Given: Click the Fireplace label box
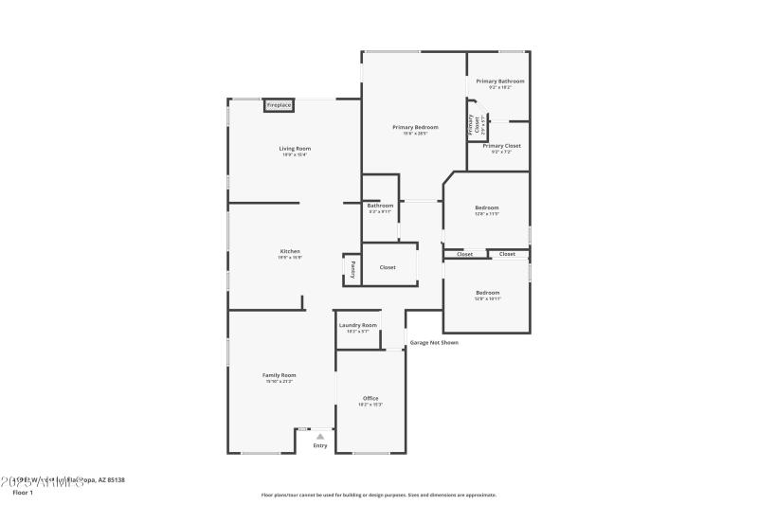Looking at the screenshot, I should [x=279, y=105].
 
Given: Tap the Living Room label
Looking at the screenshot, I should [x=295, y=149].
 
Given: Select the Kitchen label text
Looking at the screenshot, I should [x=290, y=251].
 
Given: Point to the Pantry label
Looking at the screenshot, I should [x=352, y=269].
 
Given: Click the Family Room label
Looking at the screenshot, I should [x=280, y=375].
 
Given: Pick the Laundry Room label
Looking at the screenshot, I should [x=358, y=325].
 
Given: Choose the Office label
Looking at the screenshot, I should [x=370, y=398].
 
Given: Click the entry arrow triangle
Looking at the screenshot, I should [x=320, y=436].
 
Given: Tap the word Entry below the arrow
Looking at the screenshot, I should [x=320, y=445].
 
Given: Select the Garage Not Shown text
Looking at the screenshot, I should [x=434, y=342].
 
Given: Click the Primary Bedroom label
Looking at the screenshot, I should [x=416, y=127].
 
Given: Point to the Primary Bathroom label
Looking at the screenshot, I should [x=500, y=81].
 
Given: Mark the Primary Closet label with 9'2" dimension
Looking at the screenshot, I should [x=501, y=146].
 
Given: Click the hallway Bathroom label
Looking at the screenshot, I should [x=380, y=206].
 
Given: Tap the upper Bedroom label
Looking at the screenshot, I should [x=487, y=207].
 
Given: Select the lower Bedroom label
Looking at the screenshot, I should [x=487, y=293].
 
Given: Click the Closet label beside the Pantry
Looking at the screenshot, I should [x=388, y=267].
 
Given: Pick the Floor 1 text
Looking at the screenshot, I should [x=23, y=493].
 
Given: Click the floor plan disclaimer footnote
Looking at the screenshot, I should [x=379, y=495].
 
